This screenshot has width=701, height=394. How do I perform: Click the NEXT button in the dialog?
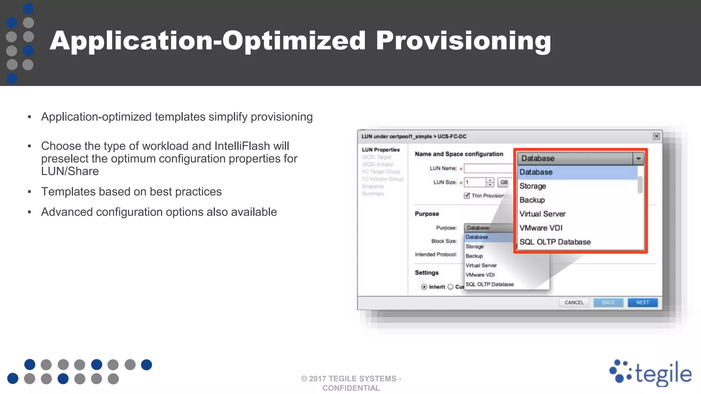point(642,303)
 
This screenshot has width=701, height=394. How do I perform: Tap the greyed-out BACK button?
point(608,303)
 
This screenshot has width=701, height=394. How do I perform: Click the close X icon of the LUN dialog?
point(656,136)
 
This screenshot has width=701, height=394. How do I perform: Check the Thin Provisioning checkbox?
point(467,196)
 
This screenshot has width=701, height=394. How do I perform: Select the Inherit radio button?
point(424,287)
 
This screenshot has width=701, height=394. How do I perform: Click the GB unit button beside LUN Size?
point(504,182)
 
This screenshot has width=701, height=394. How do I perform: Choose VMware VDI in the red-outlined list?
point(541,228)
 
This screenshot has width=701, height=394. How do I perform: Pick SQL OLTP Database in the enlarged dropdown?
point(555,242)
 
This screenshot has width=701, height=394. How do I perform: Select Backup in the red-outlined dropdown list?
point(532,200)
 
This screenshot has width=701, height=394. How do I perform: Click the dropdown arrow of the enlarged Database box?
point(638,159)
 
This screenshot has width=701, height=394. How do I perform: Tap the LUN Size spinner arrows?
point(490,182)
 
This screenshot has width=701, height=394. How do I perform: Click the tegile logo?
point(650,373)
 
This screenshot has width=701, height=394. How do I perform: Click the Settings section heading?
point(426,273)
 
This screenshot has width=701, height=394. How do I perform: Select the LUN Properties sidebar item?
point(381,150)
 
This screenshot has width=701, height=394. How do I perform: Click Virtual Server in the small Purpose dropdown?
point(481,265)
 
